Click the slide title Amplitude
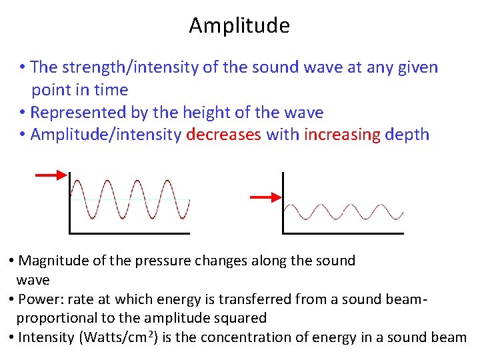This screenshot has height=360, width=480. [239, 25]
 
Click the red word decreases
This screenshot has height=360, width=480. [224, 135]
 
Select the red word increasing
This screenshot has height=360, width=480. [342, 135]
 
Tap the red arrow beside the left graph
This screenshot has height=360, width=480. [51, 175]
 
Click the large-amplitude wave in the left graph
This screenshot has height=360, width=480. [130, 199]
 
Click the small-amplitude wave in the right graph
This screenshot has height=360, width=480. [343, 211]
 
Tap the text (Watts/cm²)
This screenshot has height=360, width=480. [119, 337]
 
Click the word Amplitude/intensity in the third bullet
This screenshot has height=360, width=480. [106, 135]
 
